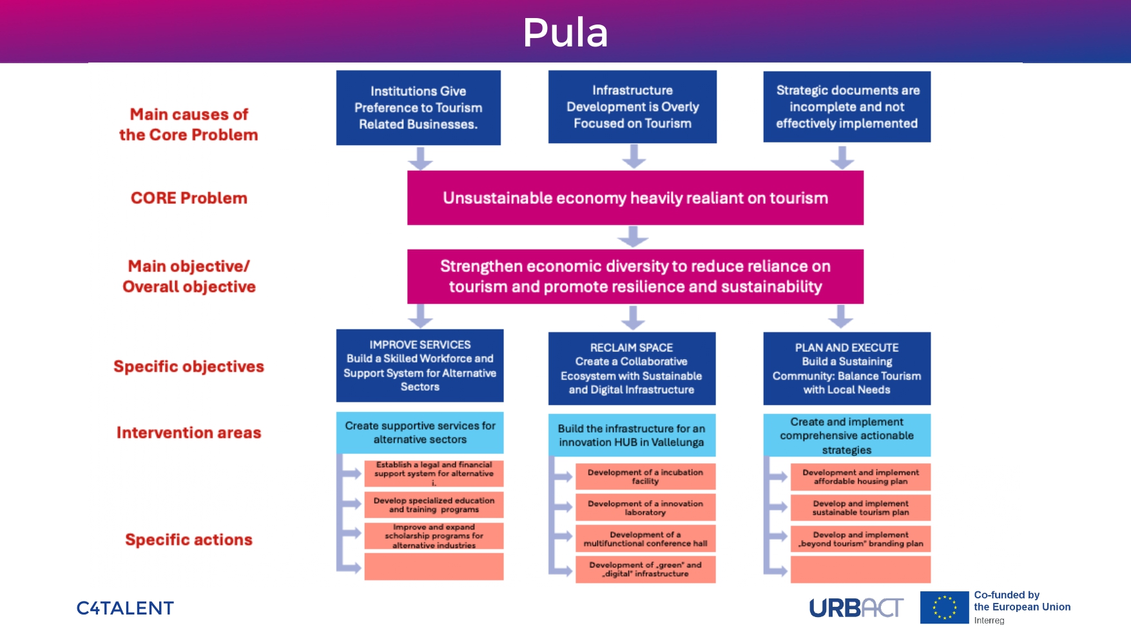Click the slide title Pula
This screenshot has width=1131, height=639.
(x=565, y=32)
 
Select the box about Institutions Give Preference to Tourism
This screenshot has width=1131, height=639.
(x=418, y=108)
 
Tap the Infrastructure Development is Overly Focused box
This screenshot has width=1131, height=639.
(x=632, y=107)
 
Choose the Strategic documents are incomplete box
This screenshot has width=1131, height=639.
(x=847, y=107)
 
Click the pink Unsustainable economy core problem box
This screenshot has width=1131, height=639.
(x=635, y=198)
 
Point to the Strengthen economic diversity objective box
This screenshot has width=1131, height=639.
(x=635, y=277)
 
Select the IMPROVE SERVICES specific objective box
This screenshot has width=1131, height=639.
(x=420, y=366)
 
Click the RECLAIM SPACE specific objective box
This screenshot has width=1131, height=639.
(x=632, y=368)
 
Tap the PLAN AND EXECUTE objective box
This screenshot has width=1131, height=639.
(x=847, y=368)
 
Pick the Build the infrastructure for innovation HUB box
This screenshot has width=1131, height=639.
(x=632, y=435)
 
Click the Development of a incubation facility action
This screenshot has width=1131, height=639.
(x=645, y=477)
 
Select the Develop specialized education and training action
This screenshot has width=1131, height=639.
(x=434, y=505)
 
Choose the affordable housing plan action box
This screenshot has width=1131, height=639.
(x=860, y=477)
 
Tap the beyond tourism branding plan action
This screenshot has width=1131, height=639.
(x=860, y=539)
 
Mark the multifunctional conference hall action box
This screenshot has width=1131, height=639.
(x=645, y=539)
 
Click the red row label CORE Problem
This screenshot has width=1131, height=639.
(x=189, y=198)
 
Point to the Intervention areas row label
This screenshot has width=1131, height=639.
(x=189, y=433)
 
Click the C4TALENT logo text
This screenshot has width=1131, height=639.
(x=125, y=608)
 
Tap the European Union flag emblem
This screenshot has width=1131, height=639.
(x=944, y=607)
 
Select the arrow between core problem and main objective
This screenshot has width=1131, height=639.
(x=633, y=237)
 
